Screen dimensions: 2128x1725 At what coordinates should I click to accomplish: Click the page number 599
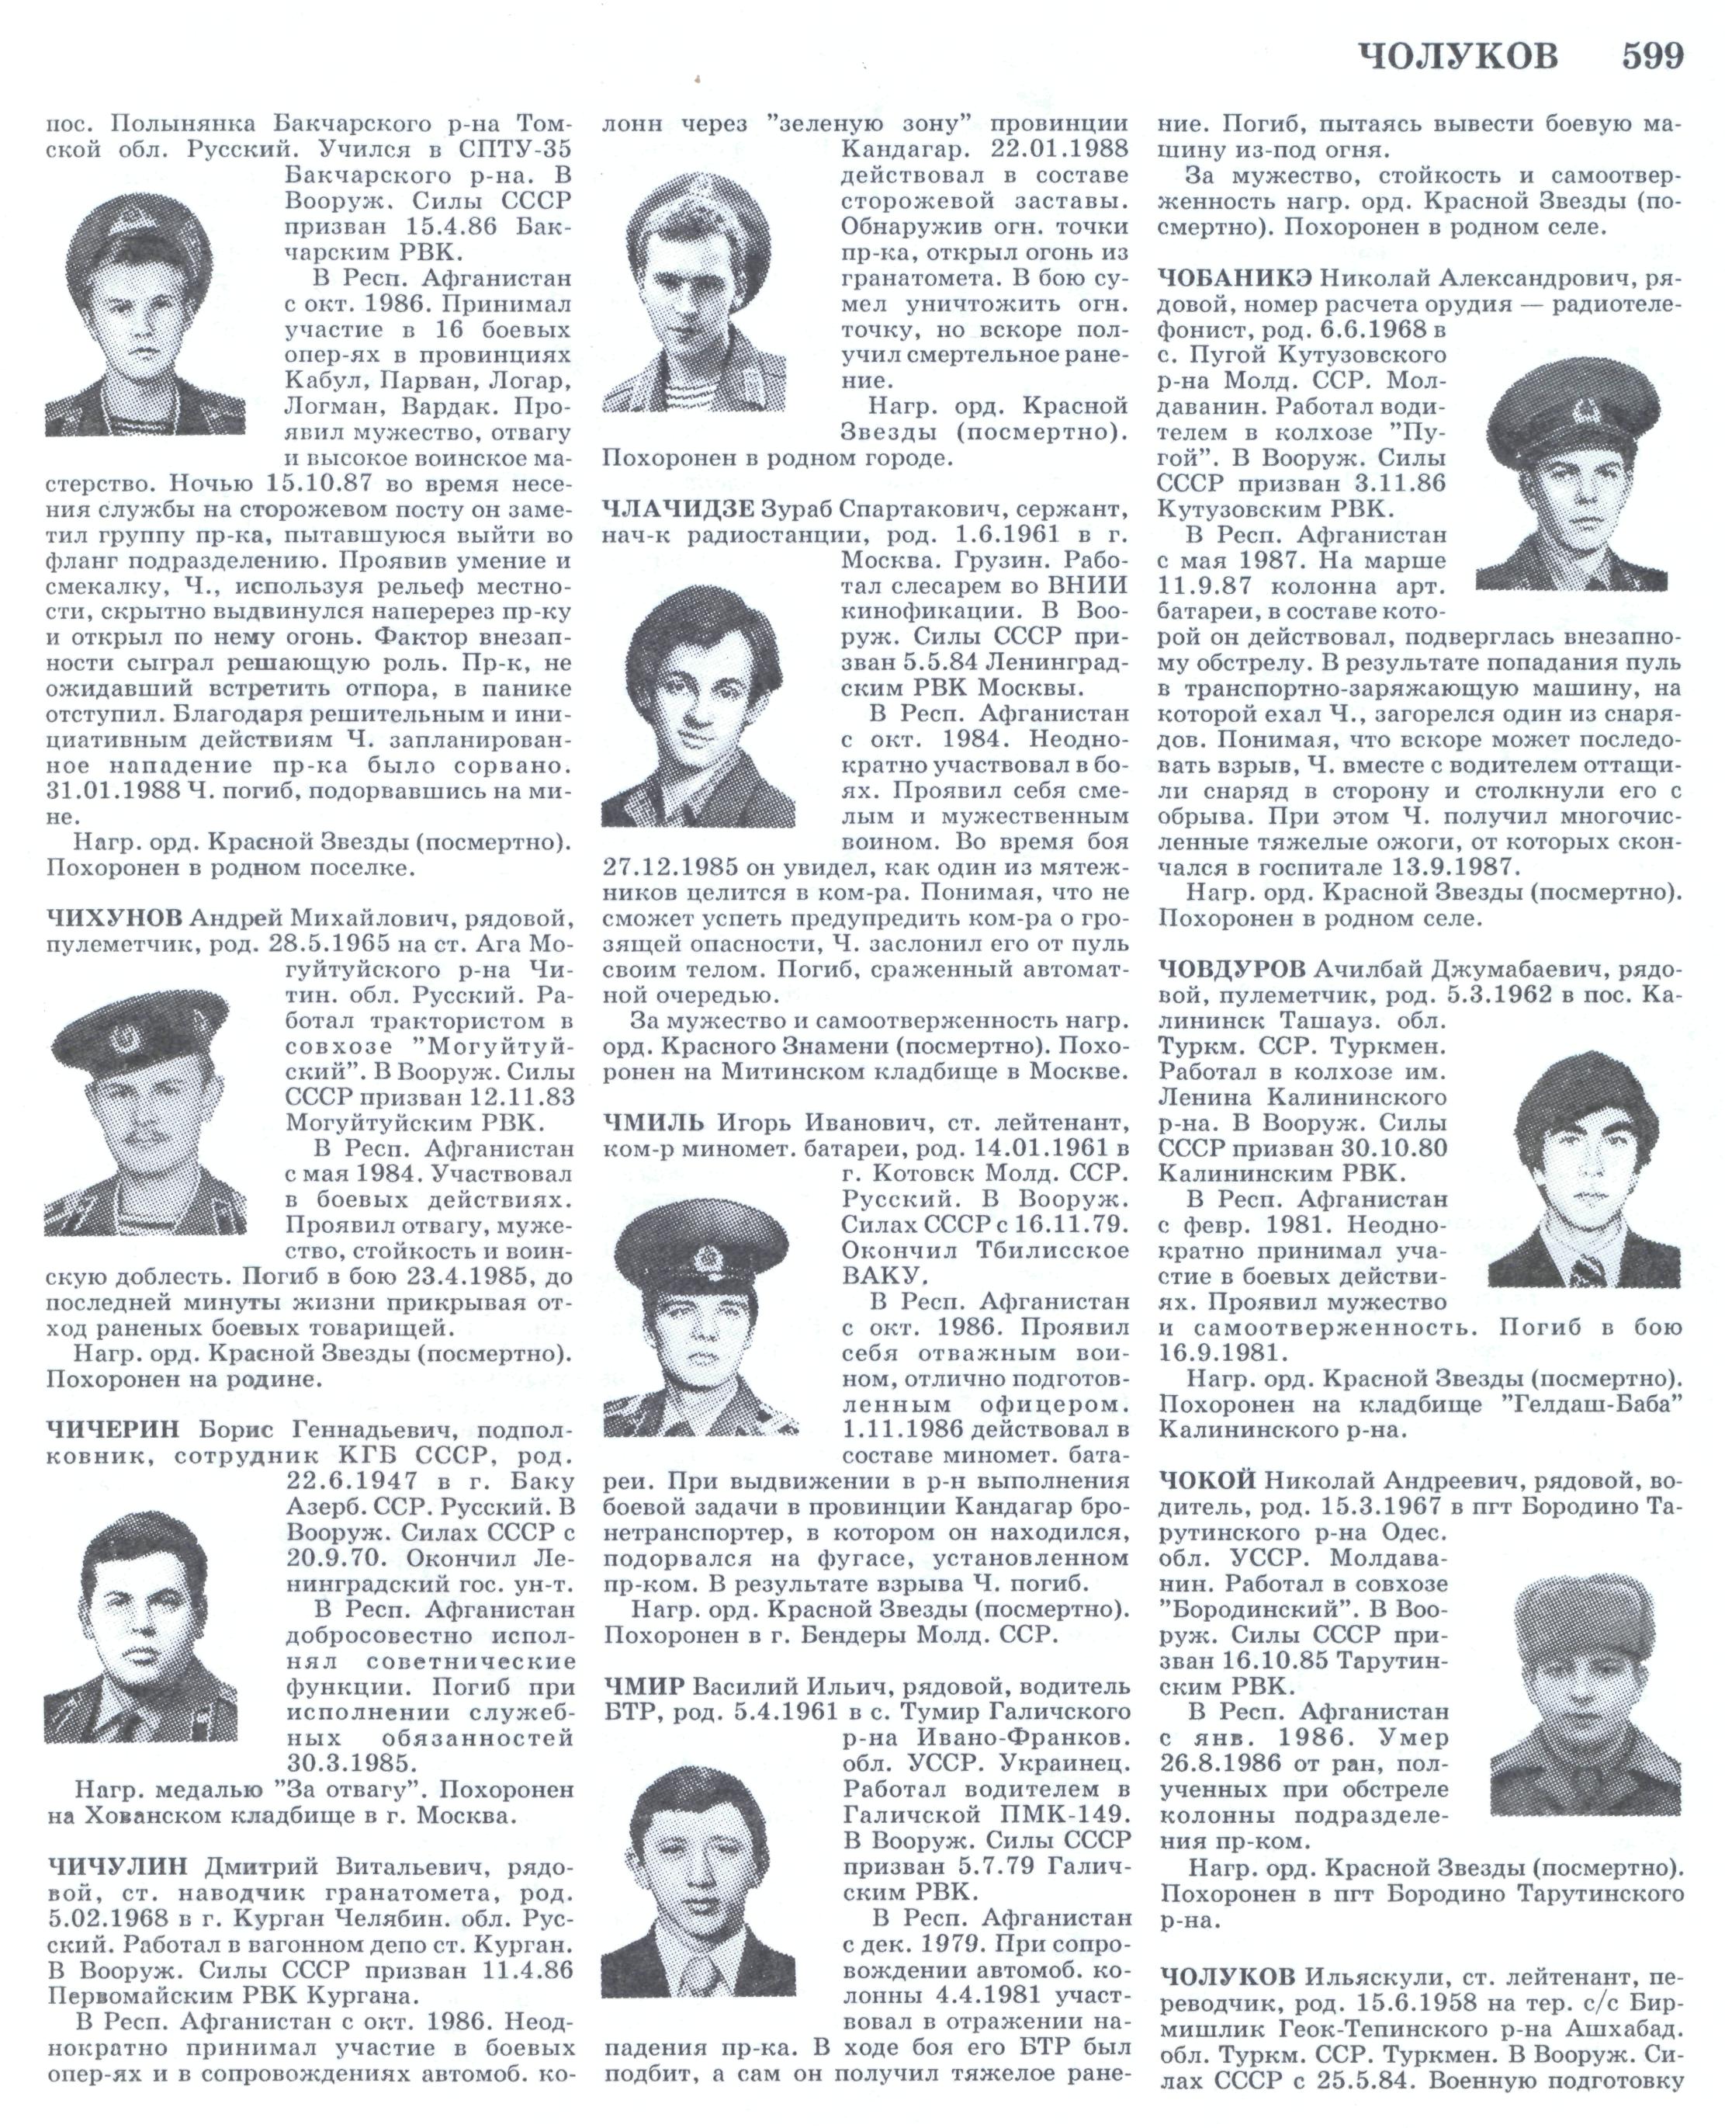click(1653, 57)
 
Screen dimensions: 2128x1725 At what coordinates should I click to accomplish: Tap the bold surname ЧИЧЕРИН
click(113, 1429)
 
